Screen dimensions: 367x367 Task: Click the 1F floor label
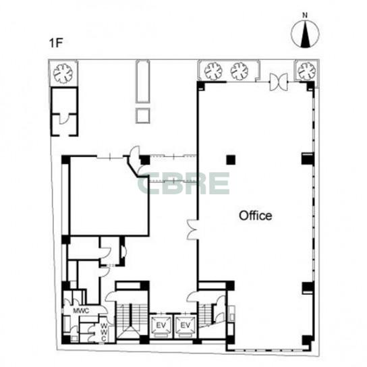tap(56, 43)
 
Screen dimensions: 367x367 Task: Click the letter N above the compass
tap(305, 16)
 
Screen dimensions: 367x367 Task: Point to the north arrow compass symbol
tap(305, 34)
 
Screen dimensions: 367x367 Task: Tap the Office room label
tap(256, 216)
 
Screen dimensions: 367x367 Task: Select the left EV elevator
tap(161, 326)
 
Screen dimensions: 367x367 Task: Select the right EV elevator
tap(186, 326)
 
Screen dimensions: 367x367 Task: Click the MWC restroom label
tap(81, 311)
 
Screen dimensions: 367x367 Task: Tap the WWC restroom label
tap(105, 332)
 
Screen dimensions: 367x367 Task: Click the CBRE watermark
tap(183, 183)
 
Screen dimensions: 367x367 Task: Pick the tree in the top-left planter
tap(63, 74)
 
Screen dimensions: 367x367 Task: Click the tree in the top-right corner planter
tap(306, 71)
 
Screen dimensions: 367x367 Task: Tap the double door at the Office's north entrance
tap(279, 82)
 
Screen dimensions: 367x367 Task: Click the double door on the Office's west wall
tap(193, 229)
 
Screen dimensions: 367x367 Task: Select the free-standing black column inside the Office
tap(231, 160)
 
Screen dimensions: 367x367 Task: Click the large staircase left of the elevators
tap(132, 320)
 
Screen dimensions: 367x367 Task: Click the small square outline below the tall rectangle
tap(143, 115)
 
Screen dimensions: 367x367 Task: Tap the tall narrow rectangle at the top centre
tap(143, 82)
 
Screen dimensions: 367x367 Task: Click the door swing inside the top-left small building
tap(63, 119)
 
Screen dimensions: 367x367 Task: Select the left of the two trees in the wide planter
tap(213, 71)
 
